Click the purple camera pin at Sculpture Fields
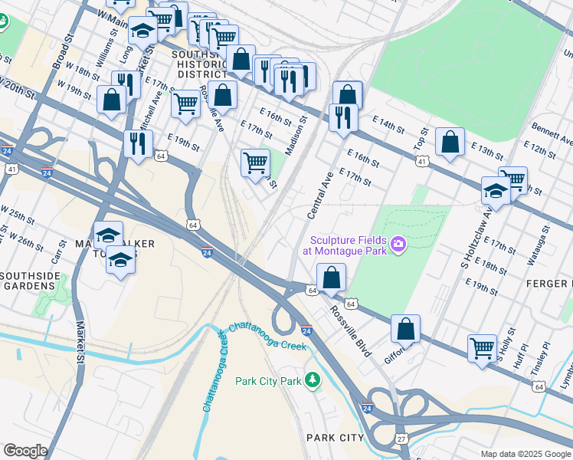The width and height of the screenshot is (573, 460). point(398,245)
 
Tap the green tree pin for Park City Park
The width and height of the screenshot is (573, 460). point(312,379)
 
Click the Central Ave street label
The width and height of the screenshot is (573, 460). point(320,195)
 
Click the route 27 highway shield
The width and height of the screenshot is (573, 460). point(401,438)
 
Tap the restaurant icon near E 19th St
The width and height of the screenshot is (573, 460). point(138,143)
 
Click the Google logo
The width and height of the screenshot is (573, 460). point(25,451)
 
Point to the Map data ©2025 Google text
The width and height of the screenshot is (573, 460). point(525,454)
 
